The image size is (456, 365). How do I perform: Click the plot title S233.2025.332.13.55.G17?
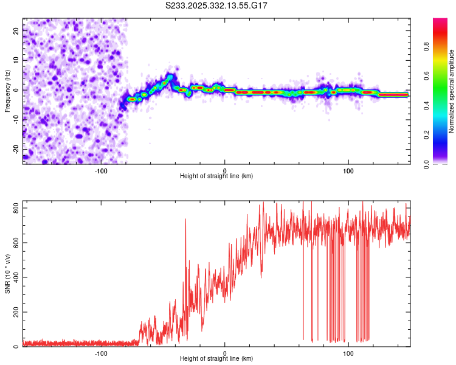[x=217, y=5]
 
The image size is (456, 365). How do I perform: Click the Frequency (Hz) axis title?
[x=7, y=91]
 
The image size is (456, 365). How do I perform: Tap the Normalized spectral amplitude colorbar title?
[x=452, y=91]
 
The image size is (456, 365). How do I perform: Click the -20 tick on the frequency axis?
[x=16, y=149]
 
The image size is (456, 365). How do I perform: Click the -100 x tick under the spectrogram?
[x=101, y=170]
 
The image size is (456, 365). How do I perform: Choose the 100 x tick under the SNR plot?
[x=348, y=353]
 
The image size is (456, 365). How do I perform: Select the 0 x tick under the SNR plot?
[x=225, y=353]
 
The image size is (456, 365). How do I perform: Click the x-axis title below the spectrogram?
[x=216, y=176]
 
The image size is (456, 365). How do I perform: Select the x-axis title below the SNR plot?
[x=216, y=359]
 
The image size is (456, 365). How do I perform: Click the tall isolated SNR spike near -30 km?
[x=185, y=220]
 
